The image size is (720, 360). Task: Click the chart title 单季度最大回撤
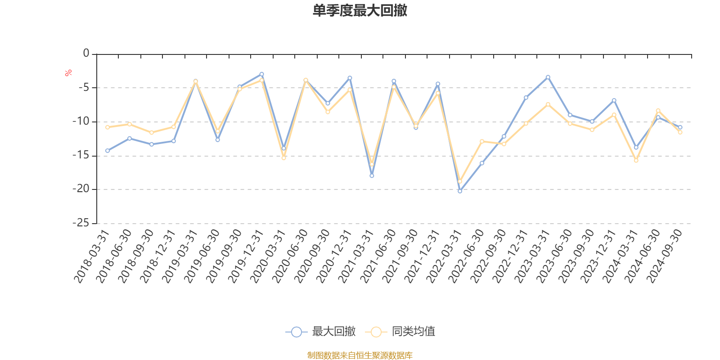tap(360, 11)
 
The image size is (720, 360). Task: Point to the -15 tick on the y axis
tap(81, 156)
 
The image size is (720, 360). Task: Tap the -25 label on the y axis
tap(81, 223)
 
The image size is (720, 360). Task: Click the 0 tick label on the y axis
tap(86, 54)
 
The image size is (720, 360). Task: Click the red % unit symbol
tap(68, 73)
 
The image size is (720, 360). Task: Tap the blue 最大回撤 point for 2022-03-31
tap(460, 191)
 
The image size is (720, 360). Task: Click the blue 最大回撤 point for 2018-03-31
tap(108, 151)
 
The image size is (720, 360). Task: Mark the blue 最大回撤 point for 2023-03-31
tap(548, 77)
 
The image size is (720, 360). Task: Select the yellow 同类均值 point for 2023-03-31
tap(548, 104)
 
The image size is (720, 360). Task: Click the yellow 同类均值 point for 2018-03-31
tap(108, 127)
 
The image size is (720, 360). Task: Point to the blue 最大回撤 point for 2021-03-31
tap(372, 176)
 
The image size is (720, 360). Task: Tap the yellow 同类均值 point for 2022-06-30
tap(482, 141)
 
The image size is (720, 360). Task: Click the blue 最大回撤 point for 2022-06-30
tap(482, 163)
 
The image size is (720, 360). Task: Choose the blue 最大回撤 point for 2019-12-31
tap(261, 74)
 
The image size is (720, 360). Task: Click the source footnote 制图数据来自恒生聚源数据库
tap(360, 355)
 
